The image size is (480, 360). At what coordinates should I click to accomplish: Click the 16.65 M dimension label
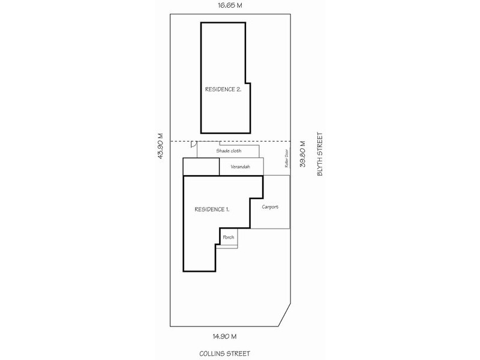click(231, 6)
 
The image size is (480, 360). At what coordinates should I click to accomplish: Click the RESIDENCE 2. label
click(223, 89)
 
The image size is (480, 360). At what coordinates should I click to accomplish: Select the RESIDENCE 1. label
click(212, 209)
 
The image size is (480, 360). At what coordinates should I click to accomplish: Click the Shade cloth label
click(229, 151)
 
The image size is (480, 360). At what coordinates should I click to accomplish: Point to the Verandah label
click(240, 167)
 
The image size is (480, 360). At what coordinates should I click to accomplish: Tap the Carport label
click(270, 207)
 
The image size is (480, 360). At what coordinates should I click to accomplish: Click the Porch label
click(229, 238)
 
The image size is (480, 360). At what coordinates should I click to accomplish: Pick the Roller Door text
click(287, 159)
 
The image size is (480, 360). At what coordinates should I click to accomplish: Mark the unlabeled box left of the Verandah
click(201, 166)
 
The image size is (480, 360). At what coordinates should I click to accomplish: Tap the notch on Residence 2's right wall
click(248, 82)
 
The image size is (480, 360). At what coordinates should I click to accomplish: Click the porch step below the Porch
click(227, 246)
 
